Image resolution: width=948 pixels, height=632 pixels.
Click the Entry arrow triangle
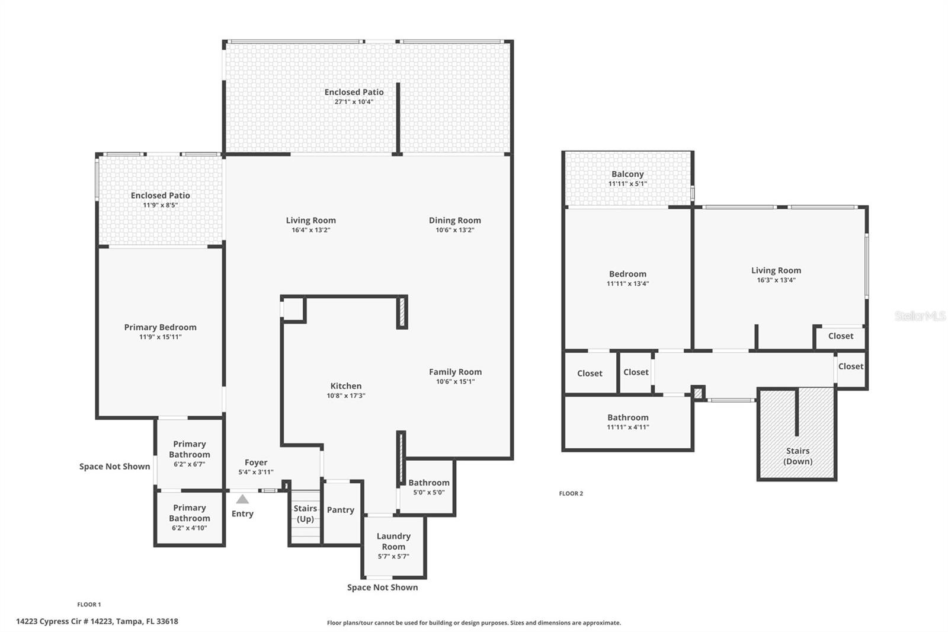pos(242,499)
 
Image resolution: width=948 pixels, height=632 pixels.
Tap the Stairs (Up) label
pos(305,513)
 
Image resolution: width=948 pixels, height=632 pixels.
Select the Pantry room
pos(341,510)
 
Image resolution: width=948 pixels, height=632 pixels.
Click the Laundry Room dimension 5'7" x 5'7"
pos(393,557)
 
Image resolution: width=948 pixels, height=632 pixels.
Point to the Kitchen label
pos(346,386)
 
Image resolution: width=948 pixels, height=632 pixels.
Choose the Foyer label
pos(256,462)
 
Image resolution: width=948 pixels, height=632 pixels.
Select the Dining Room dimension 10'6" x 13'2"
pos(455,230)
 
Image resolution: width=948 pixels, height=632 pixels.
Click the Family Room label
pos(455,372)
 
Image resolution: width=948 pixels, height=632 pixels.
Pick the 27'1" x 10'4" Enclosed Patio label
pos(354,92)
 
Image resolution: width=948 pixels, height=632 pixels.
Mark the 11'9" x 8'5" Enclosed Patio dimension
pos(161,205)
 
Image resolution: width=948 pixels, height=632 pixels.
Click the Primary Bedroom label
pos(160,327)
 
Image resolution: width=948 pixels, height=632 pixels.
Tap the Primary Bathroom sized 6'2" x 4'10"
pos(190,517)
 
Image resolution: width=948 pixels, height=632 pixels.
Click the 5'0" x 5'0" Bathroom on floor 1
pos(428,487)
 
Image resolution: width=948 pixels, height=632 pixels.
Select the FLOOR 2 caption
pos(571,493)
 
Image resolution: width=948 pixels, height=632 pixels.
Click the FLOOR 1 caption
pos(89,605)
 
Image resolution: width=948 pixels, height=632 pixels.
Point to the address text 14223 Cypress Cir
pos(97,621)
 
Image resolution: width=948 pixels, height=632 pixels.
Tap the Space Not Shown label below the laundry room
pos(382,588)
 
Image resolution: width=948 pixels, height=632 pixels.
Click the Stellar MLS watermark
pos(920,316)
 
